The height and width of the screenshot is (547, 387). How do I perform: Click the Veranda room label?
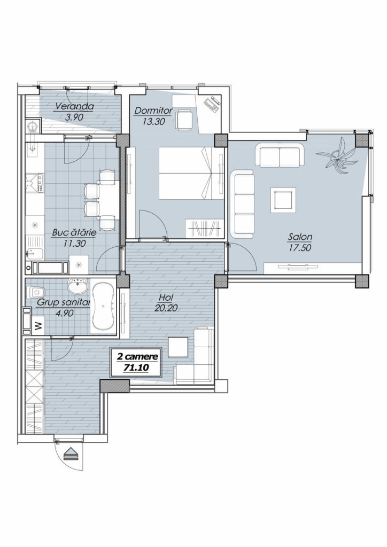(x=74, y=106)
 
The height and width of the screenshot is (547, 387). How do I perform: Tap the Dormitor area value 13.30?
(x=153, y=122)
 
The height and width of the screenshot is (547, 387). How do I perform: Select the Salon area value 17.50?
(x=300, y=248)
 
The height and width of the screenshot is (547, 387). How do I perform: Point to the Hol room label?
(x=166, y=298)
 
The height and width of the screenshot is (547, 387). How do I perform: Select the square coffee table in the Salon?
(x=283, y=200)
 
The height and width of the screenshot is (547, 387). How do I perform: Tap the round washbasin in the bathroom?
(x=78, y=286)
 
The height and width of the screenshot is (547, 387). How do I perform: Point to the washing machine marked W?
(x=38, y=326)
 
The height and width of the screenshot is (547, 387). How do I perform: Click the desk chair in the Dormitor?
(x=184, y=121)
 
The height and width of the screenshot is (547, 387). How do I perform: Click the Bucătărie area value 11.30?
(x=74, y=244)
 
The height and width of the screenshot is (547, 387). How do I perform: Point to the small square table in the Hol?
(x=178, y=347)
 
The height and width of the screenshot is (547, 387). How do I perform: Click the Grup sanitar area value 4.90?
(x=65, y=313)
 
